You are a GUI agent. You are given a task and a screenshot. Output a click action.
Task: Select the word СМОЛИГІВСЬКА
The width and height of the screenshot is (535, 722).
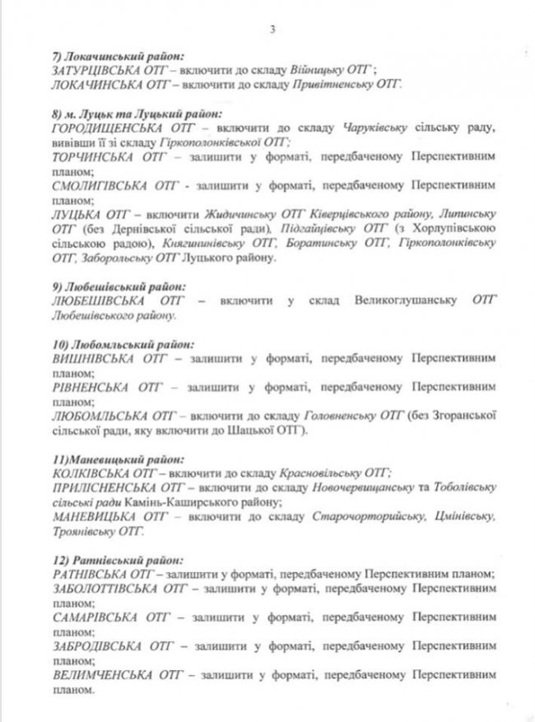tap(92, 187)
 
